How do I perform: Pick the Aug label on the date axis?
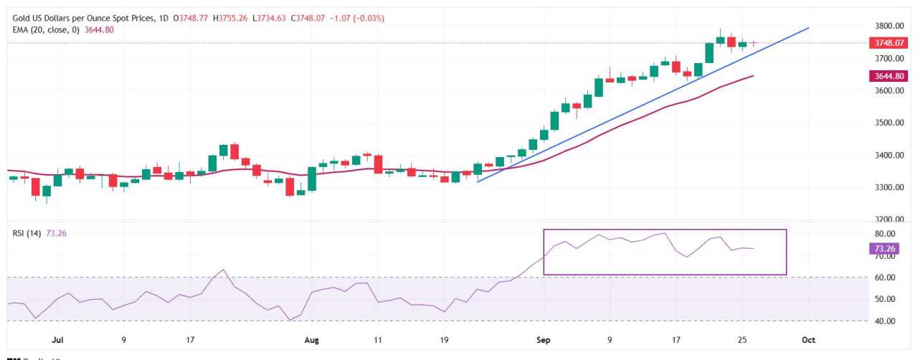(311, 337)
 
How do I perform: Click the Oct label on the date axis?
(808, 337)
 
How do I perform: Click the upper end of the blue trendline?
(808, 28)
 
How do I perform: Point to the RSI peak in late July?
(224, 270)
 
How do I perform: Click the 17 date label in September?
(676, 337)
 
